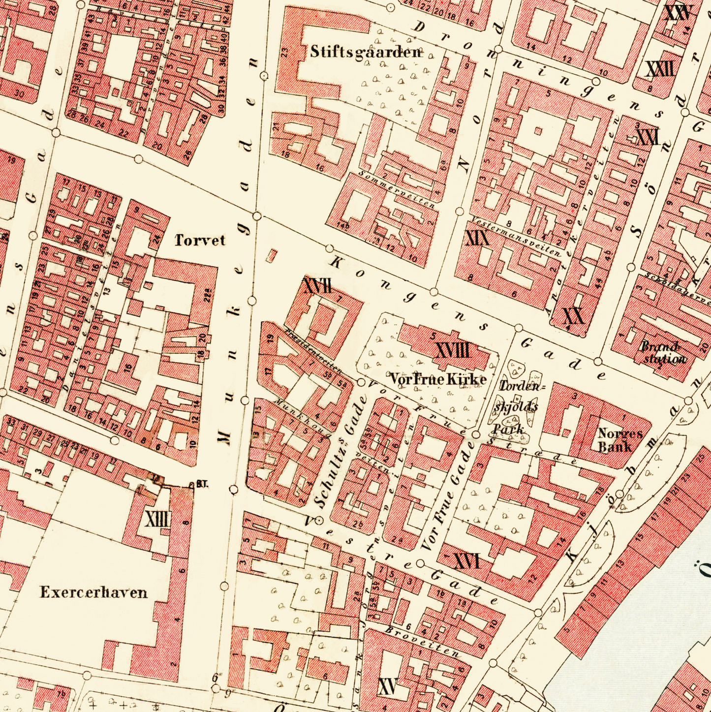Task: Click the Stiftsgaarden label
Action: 366,52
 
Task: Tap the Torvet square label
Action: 200,240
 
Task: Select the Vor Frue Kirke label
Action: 437,379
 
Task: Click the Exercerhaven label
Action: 93,592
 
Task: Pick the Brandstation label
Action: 663,353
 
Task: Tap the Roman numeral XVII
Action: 317,286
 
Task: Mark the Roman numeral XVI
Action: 466,561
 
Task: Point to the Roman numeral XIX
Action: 477,239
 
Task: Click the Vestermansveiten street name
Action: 516,236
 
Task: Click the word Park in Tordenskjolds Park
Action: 507,429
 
